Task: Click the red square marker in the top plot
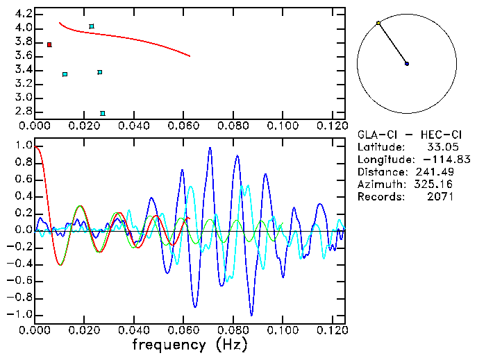pos(49,44)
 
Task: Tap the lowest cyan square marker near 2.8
pos(103,113)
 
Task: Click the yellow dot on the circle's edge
pos(378,23)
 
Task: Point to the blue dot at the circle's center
pos(407,64)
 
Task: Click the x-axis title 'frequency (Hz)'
pos(189,345)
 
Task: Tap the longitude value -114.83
pos(434,160)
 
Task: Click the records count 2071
pos(440,197)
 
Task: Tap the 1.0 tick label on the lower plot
pos(23,146)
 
